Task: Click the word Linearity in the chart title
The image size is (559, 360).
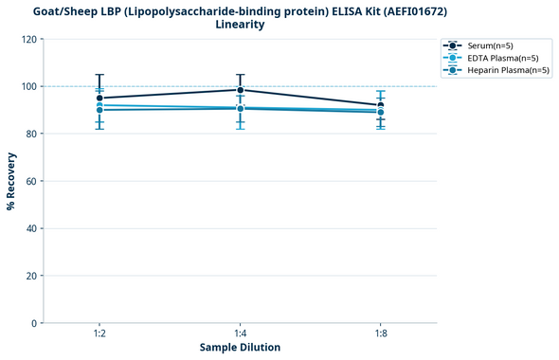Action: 240,25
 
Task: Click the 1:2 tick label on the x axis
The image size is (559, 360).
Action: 99,333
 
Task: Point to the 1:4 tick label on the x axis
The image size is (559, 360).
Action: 240,333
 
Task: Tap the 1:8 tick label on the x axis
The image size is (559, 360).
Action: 381,333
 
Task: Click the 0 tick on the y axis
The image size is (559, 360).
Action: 34,323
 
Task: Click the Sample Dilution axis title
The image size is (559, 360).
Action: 240,348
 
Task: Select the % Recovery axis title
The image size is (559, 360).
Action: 11,181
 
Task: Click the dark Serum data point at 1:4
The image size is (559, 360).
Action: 240,90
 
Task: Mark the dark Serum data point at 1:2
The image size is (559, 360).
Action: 99,98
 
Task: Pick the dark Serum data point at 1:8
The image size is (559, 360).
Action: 381,105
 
